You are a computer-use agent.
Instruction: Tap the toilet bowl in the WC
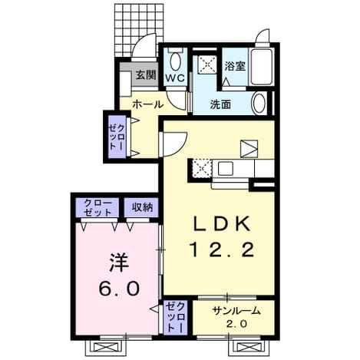(176, 61)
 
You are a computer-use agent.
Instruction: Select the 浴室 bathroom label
(235, 66)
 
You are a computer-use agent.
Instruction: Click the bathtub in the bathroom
(261, 66)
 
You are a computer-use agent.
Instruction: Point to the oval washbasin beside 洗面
(259, 104)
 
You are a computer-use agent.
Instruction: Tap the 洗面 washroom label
(220, 104)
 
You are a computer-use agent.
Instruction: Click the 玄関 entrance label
(146, 75)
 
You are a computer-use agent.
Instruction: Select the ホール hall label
(148, 104)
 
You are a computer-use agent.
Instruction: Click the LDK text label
(221, 223)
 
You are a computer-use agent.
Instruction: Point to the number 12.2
(222, 249)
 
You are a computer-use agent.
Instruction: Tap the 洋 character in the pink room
(119, 263)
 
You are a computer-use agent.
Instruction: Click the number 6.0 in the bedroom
(119, 288)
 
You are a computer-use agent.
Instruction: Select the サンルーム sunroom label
(236, 311)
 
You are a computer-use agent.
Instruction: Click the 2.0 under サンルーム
(236, 324)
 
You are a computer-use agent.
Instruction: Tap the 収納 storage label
(142, 207)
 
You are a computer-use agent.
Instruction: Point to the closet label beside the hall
(117, 137)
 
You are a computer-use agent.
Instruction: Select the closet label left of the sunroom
(175, 317)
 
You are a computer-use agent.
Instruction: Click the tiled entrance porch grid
(139, 30)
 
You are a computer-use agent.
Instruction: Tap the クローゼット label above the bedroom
(98, 207)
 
